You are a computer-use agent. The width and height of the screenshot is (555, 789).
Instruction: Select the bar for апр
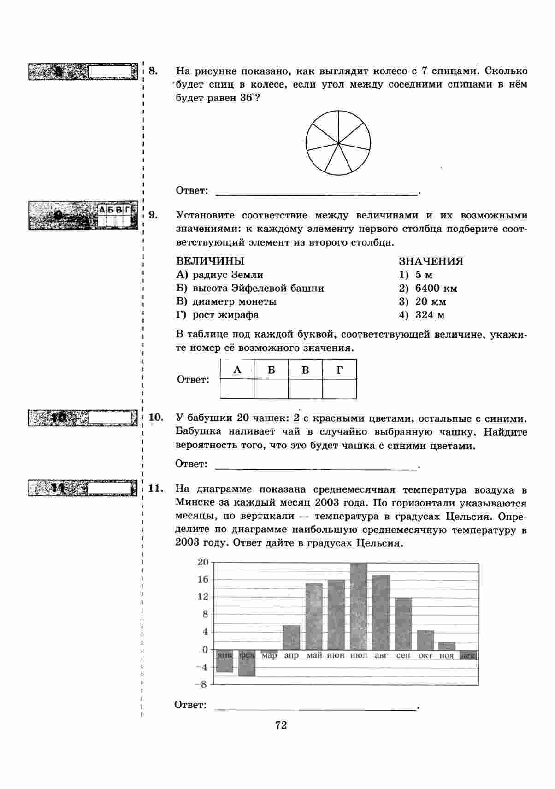click(291, 637)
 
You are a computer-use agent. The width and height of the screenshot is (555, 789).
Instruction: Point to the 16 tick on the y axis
click(203, 579)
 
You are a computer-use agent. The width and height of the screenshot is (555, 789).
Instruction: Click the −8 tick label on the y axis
click(202, 684)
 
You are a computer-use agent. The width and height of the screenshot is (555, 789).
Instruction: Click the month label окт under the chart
click(425, 655)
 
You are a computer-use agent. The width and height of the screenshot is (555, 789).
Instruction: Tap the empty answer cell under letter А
click(237, 389)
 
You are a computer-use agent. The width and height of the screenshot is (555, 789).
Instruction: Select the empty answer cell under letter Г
click(339, 389)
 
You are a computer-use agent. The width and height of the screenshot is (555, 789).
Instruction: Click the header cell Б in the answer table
click(271, 370)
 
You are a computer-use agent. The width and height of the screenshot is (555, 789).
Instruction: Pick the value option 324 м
click(430, 315)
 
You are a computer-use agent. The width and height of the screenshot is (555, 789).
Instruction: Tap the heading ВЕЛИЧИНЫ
click(210, 261)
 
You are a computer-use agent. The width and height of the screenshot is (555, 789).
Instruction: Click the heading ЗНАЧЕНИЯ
click(431, 261)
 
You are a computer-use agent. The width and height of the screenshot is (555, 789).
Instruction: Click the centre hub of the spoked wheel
click(338, 143)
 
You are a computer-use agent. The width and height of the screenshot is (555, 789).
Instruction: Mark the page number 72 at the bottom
click(281, 725)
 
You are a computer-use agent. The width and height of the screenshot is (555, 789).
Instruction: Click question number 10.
click(156, 418)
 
